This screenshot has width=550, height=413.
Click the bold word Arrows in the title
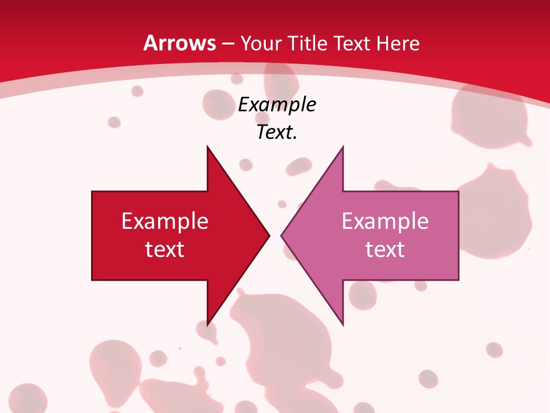(x=179, y=43)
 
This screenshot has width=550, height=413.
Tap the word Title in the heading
(x=308, y=43)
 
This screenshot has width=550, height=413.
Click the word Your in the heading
(x=261, y=43)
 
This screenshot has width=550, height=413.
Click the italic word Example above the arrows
(x=277, y=105)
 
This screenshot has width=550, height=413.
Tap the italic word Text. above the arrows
(x=275, y=133)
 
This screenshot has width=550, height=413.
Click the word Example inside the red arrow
(x=165, y=221)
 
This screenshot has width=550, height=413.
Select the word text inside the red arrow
(x=165, y=249)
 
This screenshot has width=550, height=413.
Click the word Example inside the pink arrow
(x=385, y=221)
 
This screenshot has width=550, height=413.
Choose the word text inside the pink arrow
(x=385, y=249)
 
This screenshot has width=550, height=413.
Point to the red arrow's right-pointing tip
(x=269, y=235)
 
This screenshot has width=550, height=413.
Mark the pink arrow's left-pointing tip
(x=282, y=235)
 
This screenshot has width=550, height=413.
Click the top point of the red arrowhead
(x=207, y=147)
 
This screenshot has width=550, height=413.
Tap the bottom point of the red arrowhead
(x=207, y=324)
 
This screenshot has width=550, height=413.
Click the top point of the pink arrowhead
(x=343, y=147)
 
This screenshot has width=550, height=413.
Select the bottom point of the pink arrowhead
(x=343, y=324)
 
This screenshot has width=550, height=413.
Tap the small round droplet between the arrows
(x=282, y=204)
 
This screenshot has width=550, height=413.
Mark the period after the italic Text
(x=295, y=138)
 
